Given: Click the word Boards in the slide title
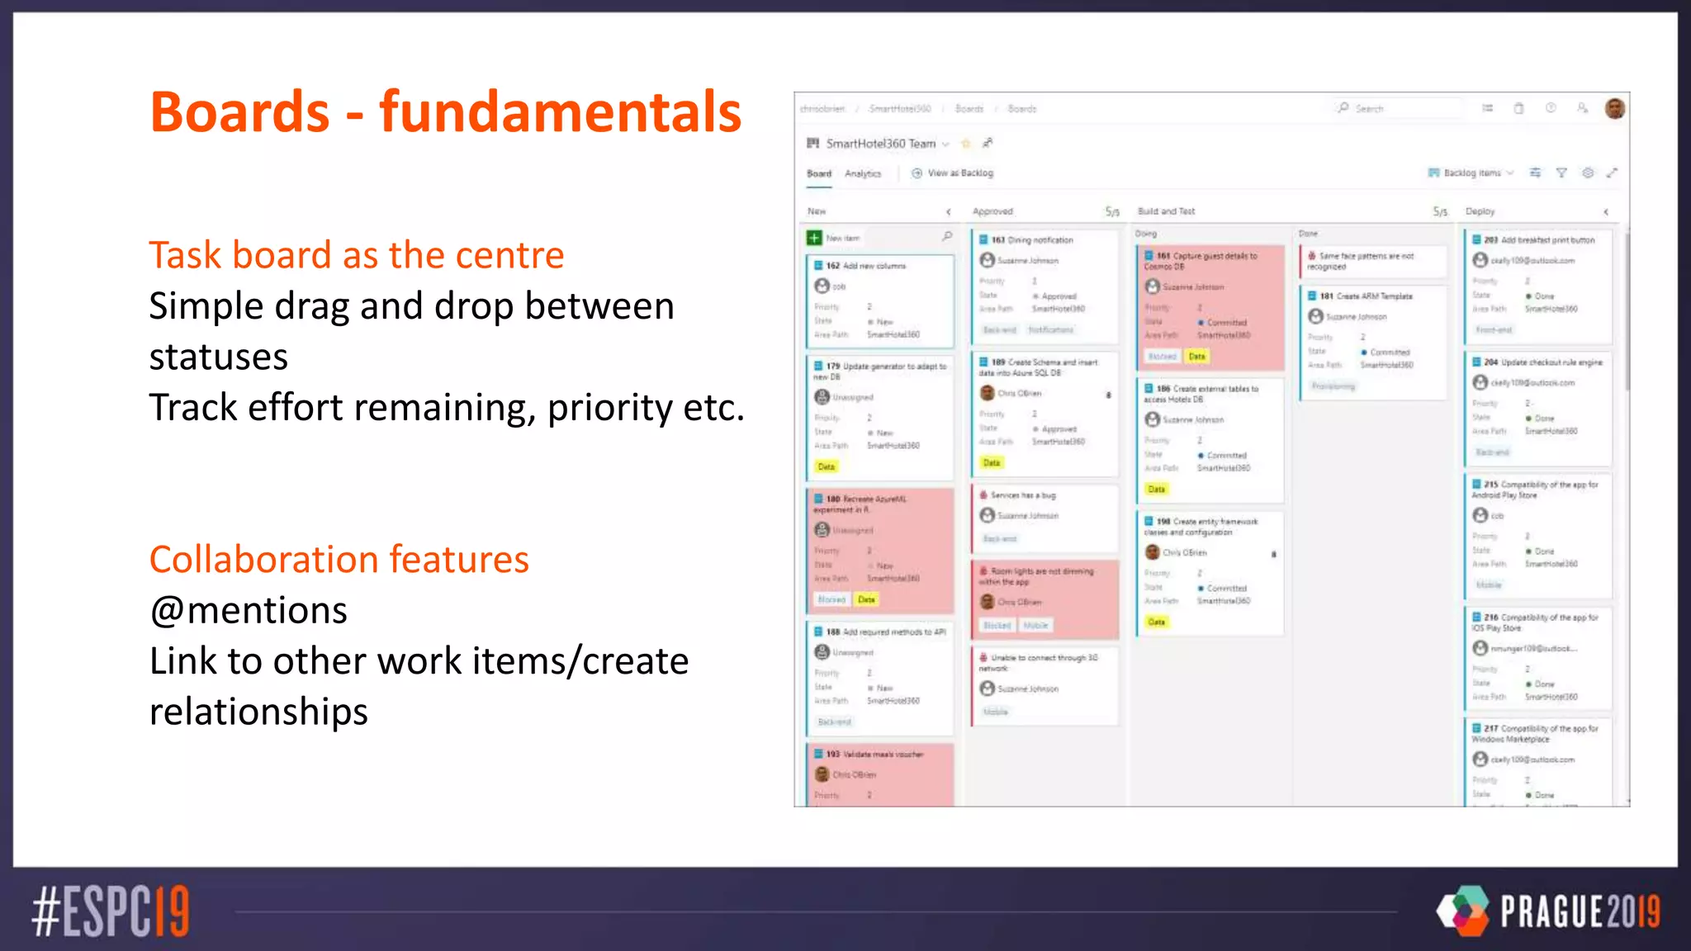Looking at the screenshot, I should click(239, 112).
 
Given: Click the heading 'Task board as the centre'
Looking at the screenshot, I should click(356, 255).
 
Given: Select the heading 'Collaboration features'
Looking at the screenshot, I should click(339, 560).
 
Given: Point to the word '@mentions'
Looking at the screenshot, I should click(248, 611).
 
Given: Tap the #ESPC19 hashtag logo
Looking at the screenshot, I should click(111, 911).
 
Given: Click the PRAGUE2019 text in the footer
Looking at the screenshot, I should click(1580, 912).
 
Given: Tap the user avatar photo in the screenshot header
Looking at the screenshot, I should click(1614, 108).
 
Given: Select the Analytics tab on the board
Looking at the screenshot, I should click(863, 173).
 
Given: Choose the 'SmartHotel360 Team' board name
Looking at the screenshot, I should click(880, 144).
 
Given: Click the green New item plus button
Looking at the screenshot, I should click(814, 238).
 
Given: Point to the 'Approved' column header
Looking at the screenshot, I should click(992, 211).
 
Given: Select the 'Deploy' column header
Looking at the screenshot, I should click(1480, 211).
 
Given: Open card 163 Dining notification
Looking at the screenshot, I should click(1032, 240).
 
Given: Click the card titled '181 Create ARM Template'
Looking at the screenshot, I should click(1366, 296).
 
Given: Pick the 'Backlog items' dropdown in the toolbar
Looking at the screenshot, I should click(1471, 173).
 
